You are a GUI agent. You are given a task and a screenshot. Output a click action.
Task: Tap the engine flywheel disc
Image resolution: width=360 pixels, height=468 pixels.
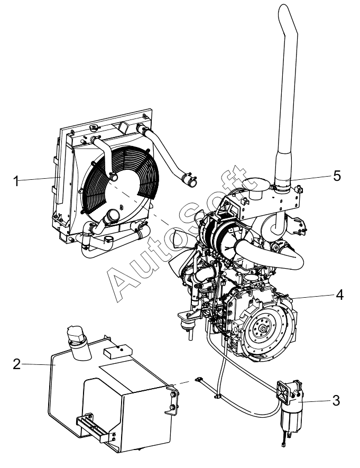[263, 332]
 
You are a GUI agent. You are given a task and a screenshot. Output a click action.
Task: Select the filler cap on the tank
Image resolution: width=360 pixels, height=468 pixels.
[76, 335]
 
